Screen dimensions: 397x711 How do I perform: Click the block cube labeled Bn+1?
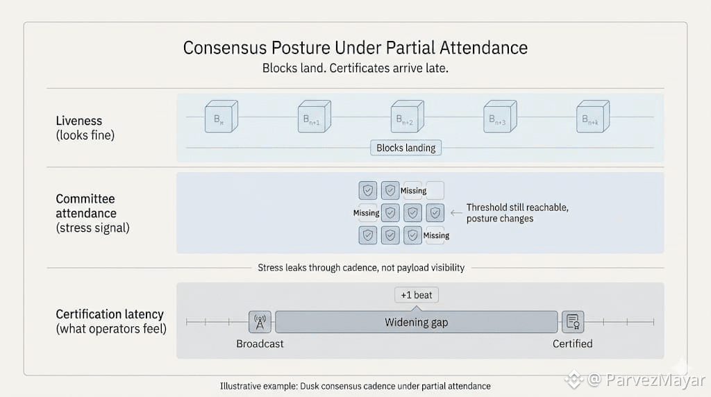pyautogui.click(x=314, y=117)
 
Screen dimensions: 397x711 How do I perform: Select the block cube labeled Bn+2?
pyautogui.click(x=407, y=117)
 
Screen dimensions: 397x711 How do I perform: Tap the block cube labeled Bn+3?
pyautogui.click(x=500, y=117)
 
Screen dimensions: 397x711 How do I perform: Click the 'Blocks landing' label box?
pyautogui.click(x=405, y=148)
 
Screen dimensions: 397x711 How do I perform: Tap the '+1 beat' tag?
pyautogui.click(x=417, y=295)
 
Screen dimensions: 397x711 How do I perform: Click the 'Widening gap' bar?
pyautogui.click(x=417, y=322)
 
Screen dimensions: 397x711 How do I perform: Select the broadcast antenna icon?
pyautogui.click(x=260, y=322)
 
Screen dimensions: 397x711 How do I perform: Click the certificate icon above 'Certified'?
pyautogui.click(x=573, y=322)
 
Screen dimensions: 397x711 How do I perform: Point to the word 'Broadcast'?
pyautogui.click(x=260, y=344)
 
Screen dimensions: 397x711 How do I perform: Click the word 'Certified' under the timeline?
pyautogui.click(x=573, y=344)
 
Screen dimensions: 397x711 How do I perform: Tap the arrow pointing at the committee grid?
pyautogui.click(x=455, y=213)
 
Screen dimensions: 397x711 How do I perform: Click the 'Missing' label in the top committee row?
pyautogui.click(x=414, y=191)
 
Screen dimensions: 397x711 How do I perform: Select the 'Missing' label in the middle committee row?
pyautogui.click(x=367, y=213)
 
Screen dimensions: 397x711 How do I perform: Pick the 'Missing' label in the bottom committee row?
pyautogui.click(x=436, y=235)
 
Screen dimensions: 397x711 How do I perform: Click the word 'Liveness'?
pyautogui.click(x=78, y=121)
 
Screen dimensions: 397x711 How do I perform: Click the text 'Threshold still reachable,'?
pyautogui.click(x=517, y=208)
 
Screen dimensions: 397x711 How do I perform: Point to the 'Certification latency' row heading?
pyautogui.click(x=110, y=314)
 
